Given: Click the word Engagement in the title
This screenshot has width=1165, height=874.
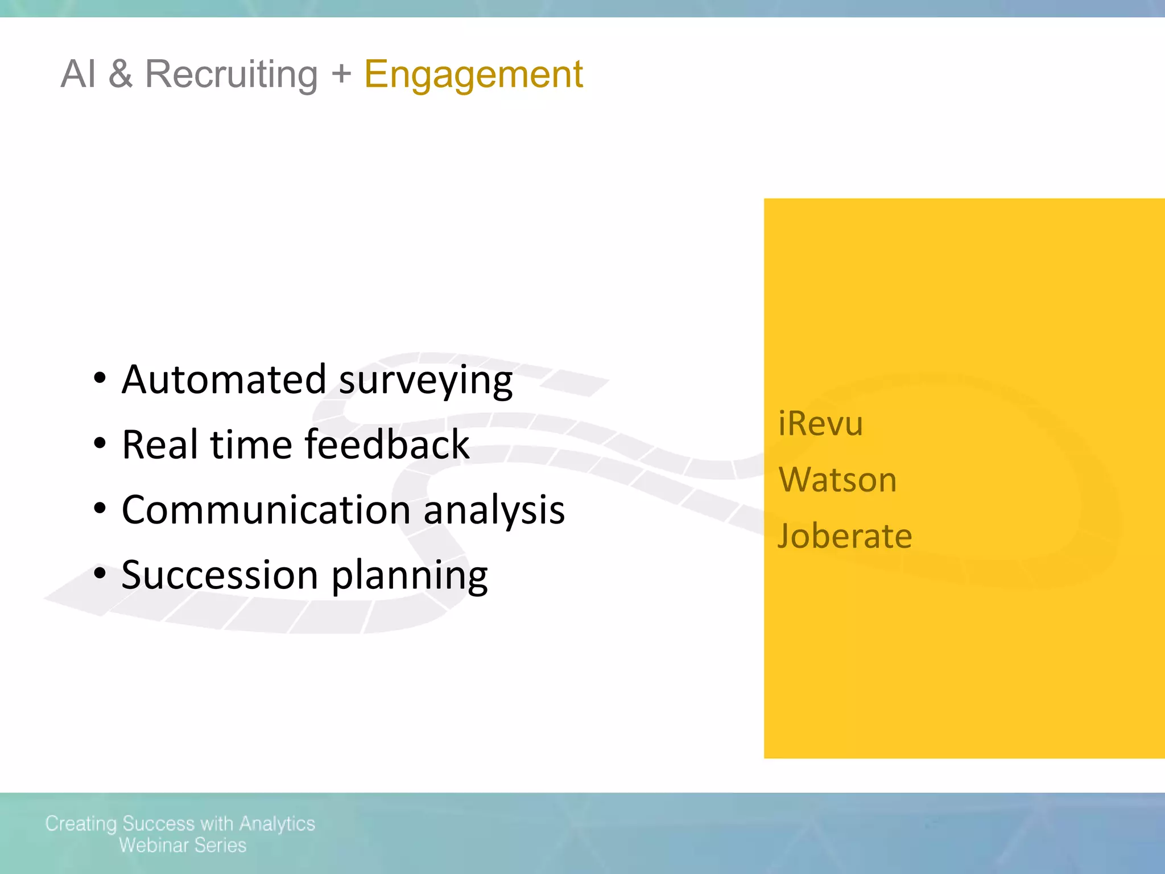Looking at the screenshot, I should click(473, 75).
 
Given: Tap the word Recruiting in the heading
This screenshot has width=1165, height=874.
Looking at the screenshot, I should click(231, 75).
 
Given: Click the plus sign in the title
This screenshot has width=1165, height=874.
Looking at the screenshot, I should click(341, 73).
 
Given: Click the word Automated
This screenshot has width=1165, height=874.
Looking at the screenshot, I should click(224, 380).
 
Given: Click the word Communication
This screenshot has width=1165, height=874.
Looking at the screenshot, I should click(266, 509).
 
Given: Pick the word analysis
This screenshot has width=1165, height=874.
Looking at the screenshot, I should click(494, 510).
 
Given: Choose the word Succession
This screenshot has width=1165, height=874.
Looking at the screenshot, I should click(220, 575).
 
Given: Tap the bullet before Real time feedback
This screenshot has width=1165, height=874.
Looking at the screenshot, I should click(100, 444).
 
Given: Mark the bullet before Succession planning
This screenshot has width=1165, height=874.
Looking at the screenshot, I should click(100, 574).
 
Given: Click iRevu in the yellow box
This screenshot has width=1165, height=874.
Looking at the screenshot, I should click(820, 423).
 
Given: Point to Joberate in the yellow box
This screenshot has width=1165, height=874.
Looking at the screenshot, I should click(845, 535).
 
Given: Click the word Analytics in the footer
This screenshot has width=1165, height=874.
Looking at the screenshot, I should click(277, 824).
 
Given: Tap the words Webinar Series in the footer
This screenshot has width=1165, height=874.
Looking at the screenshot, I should click(183, 846).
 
